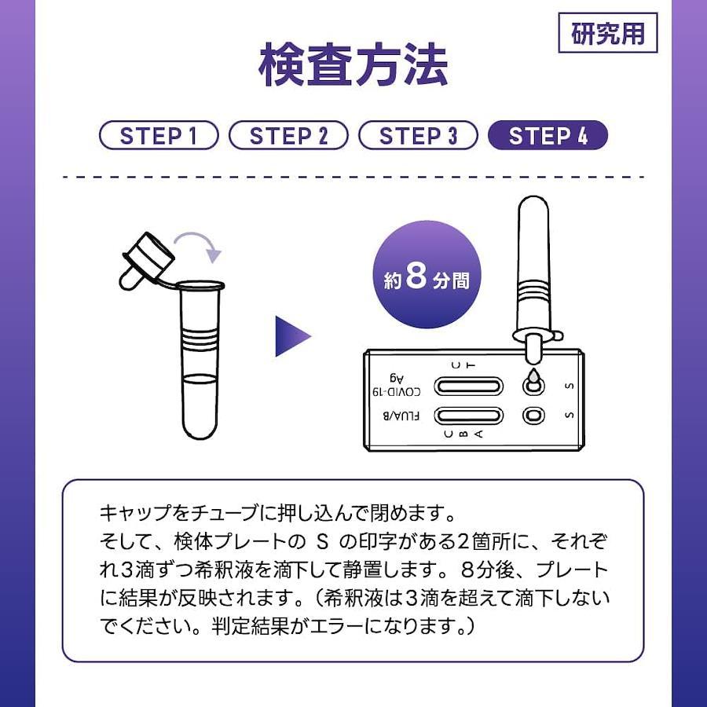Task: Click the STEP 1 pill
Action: click(159, 135)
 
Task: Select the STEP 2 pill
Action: click(288, 135)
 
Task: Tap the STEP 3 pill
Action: click(418, 135)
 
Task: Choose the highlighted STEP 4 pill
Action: click(548, 135)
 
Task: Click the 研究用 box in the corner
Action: click(608, 33)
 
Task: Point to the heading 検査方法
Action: click(353, 64)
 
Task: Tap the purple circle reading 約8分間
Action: click(427, 275)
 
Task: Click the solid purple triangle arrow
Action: click(293, 336)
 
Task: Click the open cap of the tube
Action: click(147, 261)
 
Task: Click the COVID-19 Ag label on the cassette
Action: click(397, 385)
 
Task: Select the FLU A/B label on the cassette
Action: click(401, 416)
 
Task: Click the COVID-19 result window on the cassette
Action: click(468, 386)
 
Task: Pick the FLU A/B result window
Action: click(468, 416)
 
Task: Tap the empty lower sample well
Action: click(533, 416)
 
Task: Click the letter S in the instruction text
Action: click(322, 542)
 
